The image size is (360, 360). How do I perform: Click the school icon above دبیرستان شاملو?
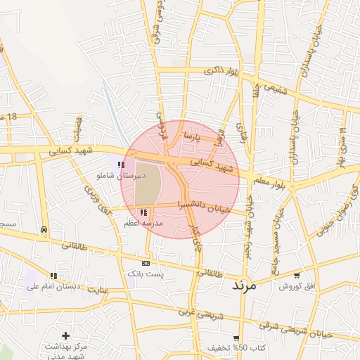(x=122, y=165)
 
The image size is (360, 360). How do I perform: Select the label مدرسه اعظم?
(x=143, y=222)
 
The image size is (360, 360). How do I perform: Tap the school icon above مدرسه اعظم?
(x=143, y=212)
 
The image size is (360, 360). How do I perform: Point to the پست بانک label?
(x=146, y=273)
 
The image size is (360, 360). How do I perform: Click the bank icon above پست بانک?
(x=146, y=263)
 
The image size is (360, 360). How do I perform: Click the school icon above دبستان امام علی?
(x=53, y=276)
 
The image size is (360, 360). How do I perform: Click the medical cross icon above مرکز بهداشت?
(x=65, y=336)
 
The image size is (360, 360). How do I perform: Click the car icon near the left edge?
(x=44, y=230)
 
